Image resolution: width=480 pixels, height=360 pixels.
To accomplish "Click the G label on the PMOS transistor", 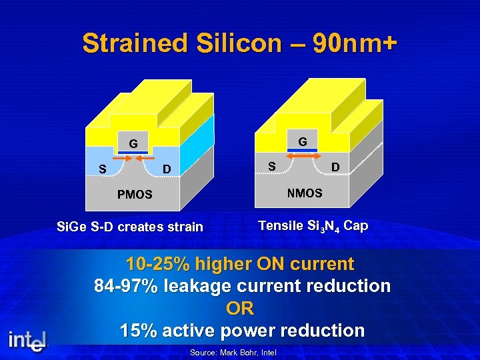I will pyautogui.click(x=134, y=143).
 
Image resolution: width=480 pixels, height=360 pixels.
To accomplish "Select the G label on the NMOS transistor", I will pyautogui.click(x=303, y=142).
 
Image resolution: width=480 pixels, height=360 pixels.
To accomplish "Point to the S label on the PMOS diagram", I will pyautogui.click(x=102, y=169).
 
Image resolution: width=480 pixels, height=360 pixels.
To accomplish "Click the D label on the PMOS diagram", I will pyautogui.click(x=167, y=169).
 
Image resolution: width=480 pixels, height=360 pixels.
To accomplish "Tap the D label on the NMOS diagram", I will pyautogui.click(x=336, y=165).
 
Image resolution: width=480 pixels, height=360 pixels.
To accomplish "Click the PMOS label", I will pyautogui.click(x=135, y=195).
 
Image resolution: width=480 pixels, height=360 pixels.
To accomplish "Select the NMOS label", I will pyautogui.click(x=305, y=193).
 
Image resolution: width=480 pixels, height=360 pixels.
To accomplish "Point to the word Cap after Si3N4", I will pyautogui.click(x=356, y=226).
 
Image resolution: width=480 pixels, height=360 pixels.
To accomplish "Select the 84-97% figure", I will pyautogui.click(x=127, y=286).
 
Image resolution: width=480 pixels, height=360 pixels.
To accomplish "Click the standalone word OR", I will pyautogui.click(x=240, y=309).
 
